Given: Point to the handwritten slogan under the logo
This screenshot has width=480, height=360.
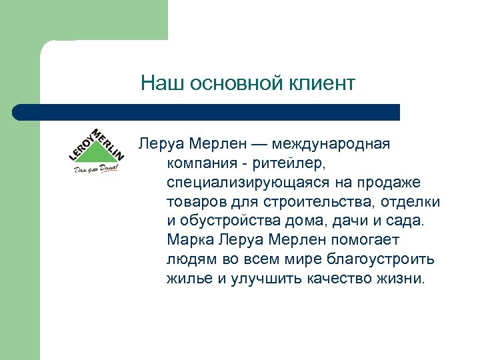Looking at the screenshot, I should (x=95, y=169).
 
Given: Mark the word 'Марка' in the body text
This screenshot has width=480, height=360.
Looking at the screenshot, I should (x=189, y=240).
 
